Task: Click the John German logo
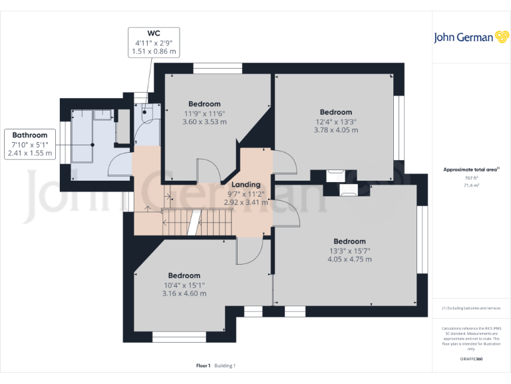tap(471, 37)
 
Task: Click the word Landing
tap(246, 185)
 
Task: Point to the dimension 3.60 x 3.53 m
tap(204, 121)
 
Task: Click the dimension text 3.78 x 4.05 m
tap(336, 130)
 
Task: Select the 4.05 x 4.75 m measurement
tap(349, 259)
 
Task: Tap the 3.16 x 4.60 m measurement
tap(184, 293)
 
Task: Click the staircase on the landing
tap(199, 221)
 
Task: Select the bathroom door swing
tap(120, 163)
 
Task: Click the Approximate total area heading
tap(471, 170)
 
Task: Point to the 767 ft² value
tap(471, 178)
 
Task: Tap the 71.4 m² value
tap(471, 185)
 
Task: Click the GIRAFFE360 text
tap(471, 359)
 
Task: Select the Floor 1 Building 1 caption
tap(216, 366)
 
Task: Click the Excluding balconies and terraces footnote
tap(471, 308)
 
